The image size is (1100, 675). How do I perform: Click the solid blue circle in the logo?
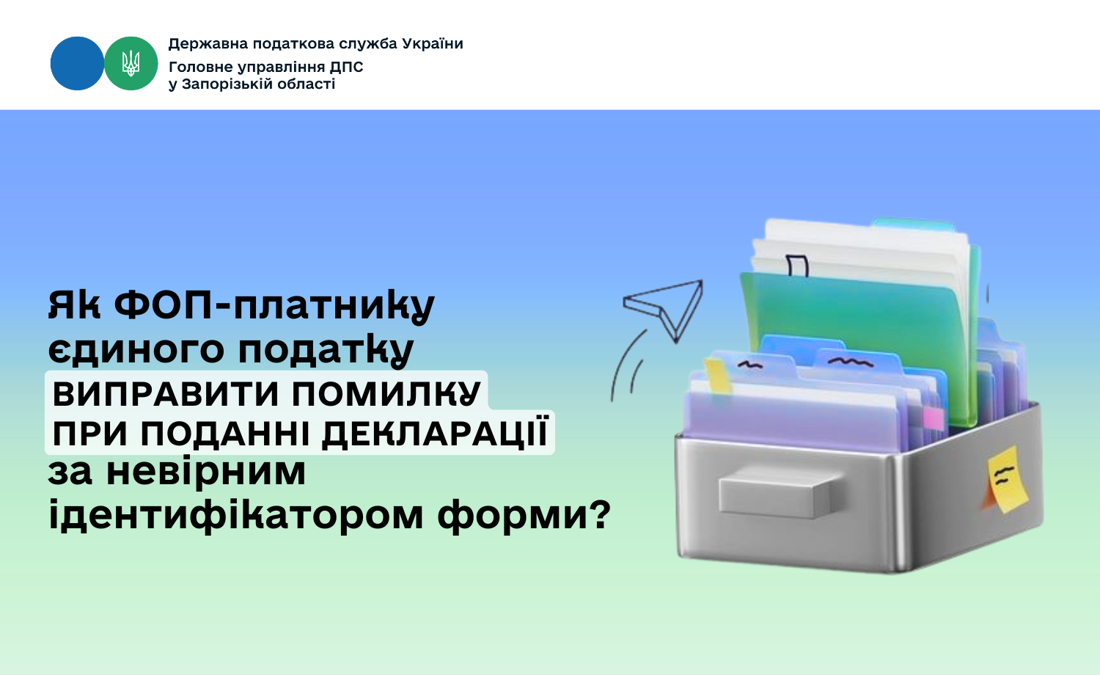tap(77, 63)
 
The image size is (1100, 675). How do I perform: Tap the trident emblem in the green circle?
tap(131, 63)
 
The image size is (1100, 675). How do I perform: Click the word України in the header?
tap(433, 44)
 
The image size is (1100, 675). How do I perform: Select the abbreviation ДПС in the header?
tap(347, 67)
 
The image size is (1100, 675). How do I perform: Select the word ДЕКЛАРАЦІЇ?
tap(435, 433)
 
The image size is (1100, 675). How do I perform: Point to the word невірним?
tap(206, 472)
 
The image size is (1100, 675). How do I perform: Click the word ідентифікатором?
tap(235, 515)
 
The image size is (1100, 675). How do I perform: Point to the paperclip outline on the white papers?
tap(796, 266)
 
